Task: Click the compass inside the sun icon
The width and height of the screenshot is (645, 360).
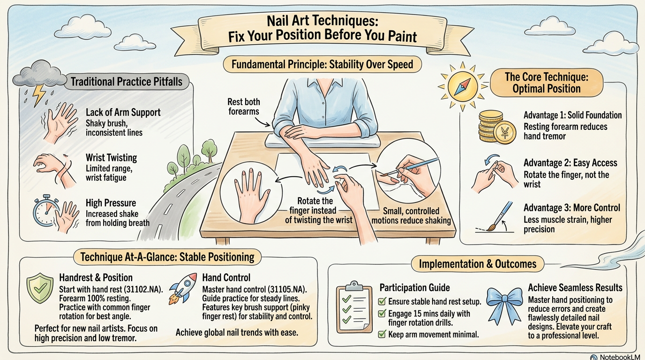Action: coord(463,86)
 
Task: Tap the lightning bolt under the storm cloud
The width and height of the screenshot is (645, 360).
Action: coord(38,95)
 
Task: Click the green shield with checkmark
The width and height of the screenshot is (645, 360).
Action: coord(40,288)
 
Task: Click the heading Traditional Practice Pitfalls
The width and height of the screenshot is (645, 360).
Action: coord(127,82)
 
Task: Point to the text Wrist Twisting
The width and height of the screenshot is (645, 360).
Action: coord(111,157)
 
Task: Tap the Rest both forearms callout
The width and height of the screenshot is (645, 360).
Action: coord(244,106)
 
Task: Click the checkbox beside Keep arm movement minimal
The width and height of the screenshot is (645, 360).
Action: coord(382,334)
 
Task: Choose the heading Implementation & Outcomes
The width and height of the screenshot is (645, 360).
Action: coord(478,264)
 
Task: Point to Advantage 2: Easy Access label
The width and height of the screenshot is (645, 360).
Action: coord(570,163)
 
